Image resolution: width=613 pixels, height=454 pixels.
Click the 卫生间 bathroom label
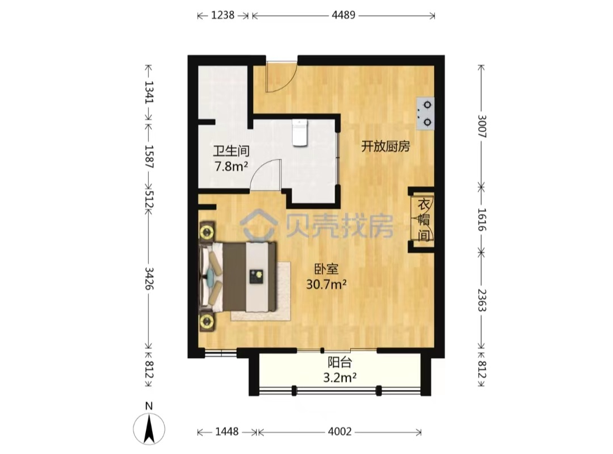pos(231,151)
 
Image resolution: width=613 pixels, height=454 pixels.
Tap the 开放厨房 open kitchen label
pos(385,146)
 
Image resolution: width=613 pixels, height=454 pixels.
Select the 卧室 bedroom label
pos(326,269)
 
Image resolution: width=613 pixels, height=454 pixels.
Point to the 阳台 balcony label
pos(340,363)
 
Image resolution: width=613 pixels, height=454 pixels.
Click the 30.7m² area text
pos(326,284)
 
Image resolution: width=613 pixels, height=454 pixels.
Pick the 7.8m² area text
pos(231,167)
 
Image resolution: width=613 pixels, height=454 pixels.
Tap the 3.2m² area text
pos(340,378)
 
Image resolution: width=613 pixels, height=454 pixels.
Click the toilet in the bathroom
pos(300,133)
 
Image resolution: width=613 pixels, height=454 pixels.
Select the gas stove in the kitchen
pos(425,113)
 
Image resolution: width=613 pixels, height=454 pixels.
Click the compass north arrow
pos(149,429)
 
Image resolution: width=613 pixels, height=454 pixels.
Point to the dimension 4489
pos(343,15)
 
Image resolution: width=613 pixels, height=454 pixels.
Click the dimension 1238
pos(223,15)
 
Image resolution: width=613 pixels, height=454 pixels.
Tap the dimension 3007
pos(482,127)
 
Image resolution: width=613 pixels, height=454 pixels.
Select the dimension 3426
pos(149,279)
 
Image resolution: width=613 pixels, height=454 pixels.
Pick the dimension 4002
pos(340,432)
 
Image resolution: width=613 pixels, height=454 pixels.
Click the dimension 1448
pos(226,432)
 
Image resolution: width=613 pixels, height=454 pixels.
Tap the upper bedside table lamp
pos(207,232)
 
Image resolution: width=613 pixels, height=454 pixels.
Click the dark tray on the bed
pos(257,276)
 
